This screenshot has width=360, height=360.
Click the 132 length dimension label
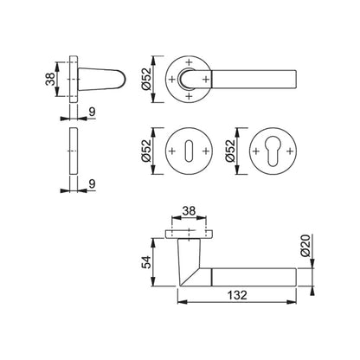pyautogui.click(x=237, y=295)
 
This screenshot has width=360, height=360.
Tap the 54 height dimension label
pyautogui.click(x=146, y=262)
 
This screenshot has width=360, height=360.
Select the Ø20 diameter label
pyautogui.click(x=305, y=246)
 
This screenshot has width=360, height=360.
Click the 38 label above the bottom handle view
pyautogui.click(x=189, y=211)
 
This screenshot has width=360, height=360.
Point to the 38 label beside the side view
pyautogui.click(x=50, y=79)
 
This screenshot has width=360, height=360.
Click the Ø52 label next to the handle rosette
pyautogui.click(x=146, y=79)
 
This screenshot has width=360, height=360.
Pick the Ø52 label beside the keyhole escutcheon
pyautogui.click(x=146, y=151)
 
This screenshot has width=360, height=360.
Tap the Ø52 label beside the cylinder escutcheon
pyautogui.click(x=230, y=151)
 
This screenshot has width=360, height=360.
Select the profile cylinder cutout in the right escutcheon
pyautogui.click(x=273, y=152)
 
